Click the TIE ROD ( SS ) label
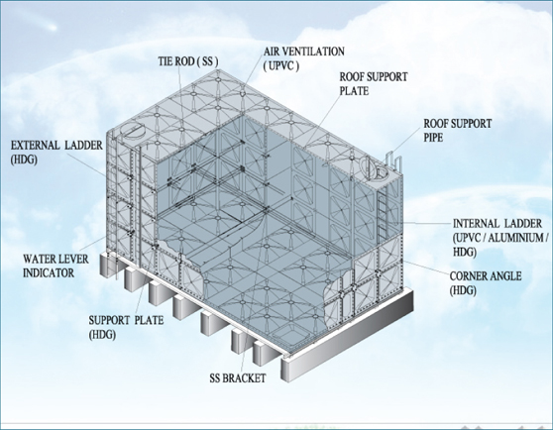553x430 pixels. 188,61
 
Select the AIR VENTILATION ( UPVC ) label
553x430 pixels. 304,58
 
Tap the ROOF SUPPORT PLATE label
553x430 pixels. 374,84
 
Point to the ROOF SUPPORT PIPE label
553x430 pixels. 458,131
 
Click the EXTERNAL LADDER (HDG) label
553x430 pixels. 56,153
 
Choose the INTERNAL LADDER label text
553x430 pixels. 498,224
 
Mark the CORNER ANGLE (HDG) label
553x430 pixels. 486,283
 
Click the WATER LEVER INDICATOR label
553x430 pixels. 55,267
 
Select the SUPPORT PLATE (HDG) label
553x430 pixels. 126,327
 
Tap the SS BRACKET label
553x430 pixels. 237,378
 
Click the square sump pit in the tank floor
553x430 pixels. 284,336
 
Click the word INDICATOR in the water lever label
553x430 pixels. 49,273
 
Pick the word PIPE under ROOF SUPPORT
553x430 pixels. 433,138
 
